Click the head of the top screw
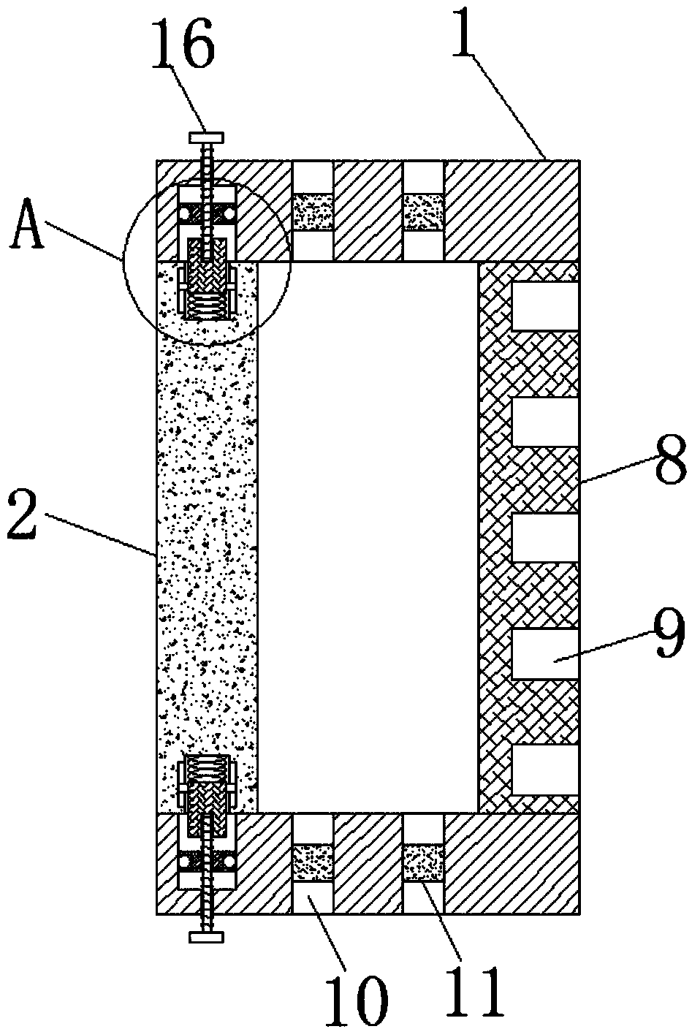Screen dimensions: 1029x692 (207, 137)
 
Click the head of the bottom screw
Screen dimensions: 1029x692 (207, 937)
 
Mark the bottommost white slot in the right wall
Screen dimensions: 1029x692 (544, 769)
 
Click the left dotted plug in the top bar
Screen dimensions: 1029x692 (313, 212)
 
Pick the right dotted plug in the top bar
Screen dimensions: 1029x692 (424, 212)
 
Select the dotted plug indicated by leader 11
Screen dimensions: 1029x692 (424, 862)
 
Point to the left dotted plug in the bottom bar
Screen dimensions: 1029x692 (313, 862)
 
